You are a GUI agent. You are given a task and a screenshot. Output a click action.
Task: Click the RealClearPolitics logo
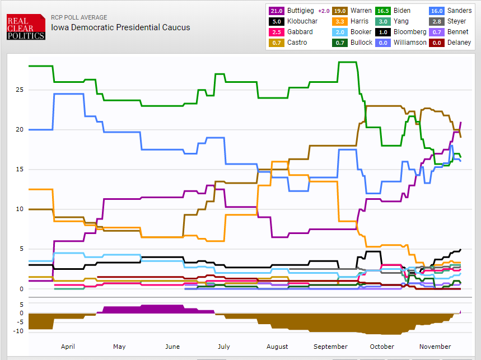[26, 27]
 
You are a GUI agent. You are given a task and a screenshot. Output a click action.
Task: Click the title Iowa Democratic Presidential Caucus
[120, 27]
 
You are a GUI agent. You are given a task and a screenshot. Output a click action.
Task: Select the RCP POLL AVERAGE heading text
[79, 17]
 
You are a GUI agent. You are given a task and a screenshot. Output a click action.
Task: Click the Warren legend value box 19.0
[339, 11]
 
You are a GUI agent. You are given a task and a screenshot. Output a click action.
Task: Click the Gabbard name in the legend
[300, 32]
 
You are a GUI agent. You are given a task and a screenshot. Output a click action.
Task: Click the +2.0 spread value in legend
[324, 11]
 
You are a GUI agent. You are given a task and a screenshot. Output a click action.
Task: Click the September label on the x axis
[330, 347]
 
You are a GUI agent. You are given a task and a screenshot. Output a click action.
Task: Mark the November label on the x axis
[435, 347]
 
